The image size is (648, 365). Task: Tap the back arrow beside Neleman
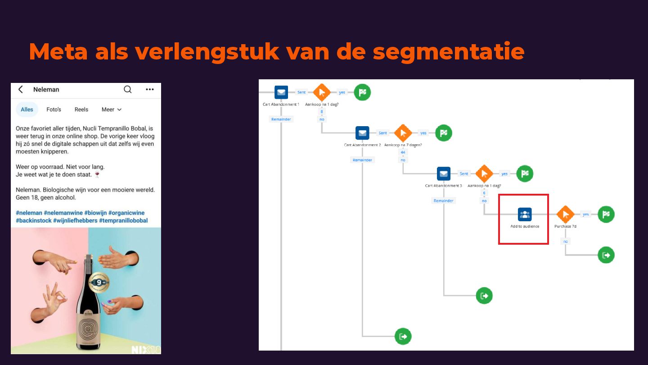tap(21, 89)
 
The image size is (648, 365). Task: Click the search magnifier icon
tap(128, 89)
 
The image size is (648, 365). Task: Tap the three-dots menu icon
tap(150, 89)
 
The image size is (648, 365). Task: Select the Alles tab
tap(27, 109)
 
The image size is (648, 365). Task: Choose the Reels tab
tap(81, 109)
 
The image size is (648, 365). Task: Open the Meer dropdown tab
tap(111, 109)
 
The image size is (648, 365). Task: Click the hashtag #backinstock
tap(33, 220)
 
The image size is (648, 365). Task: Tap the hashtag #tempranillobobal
tap(123, 220)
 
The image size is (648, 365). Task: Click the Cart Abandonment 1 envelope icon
tap(281, 92)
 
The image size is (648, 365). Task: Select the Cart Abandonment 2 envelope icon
tap(362, 133)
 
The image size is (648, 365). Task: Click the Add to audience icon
tap(525, 214)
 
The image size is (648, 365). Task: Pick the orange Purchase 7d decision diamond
tap(565, 214)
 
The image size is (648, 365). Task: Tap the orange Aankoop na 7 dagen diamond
tap(403, 133)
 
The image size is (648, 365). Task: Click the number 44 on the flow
tap(403, 152)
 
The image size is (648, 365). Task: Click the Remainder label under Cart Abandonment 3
tap(443, 201)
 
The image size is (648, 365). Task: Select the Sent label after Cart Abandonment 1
tap(301, 92)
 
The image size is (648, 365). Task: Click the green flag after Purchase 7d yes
tap(606, 214)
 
